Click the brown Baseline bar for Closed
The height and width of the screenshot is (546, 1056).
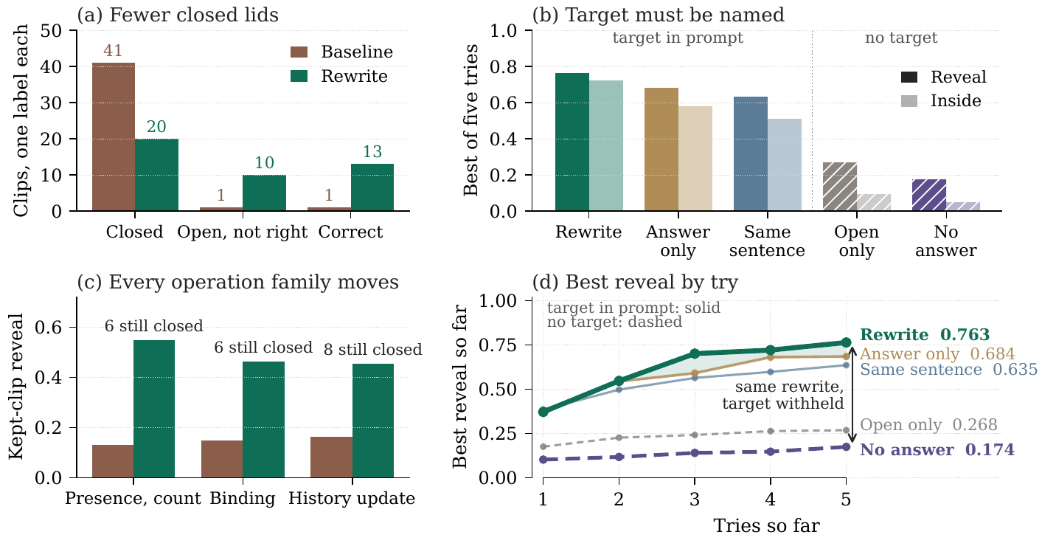coord(113,136)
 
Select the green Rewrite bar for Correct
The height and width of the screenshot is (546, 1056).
coord(372,187)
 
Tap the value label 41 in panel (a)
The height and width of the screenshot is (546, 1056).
coord(113,50)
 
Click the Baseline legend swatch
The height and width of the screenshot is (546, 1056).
coord(299,52)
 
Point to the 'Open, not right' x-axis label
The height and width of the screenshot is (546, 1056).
coord(243,232)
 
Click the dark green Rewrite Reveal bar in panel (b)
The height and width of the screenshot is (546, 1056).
coord(572,142)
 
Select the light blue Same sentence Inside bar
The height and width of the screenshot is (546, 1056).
coord(785,165)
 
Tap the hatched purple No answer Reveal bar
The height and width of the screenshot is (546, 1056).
coord(929,195)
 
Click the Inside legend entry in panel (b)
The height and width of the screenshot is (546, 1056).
coord(941,101)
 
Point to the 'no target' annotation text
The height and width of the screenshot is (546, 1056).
coord(901,38)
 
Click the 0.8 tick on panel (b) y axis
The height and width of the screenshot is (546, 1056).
coord(504,67)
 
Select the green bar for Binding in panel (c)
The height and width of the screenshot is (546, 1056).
coord(263,420)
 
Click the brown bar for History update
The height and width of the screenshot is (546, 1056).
coord(331,457)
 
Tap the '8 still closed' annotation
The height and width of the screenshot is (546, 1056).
coord(373,350)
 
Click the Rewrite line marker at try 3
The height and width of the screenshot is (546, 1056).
coord(695,353)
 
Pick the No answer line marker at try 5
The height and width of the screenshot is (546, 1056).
coord(847,446)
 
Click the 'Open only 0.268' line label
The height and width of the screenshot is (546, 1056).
coord(928,425)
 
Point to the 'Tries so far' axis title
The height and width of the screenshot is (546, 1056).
coord(766,526)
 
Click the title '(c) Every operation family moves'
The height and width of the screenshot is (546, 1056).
coord(238,283)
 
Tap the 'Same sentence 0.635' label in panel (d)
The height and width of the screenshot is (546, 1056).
coord(948,369)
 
